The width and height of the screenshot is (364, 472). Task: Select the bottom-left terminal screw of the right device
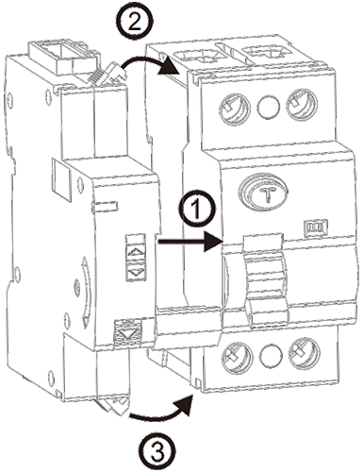point(238,357)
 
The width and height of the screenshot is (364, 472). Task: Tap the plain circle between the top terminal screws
point(269,106)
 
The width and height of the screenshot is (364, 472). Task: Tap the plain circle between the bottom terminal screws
point(271,356)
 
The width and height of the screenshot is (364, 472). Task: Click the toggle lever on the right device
point(266,280)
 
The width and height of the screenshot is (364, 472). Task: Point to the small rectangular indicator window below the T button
point(316,226)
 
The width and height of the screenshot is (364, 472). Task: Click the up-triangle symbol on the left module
point(136,252)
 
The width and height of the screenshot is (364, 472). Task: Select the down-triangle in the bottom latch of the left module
point(128,333)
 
